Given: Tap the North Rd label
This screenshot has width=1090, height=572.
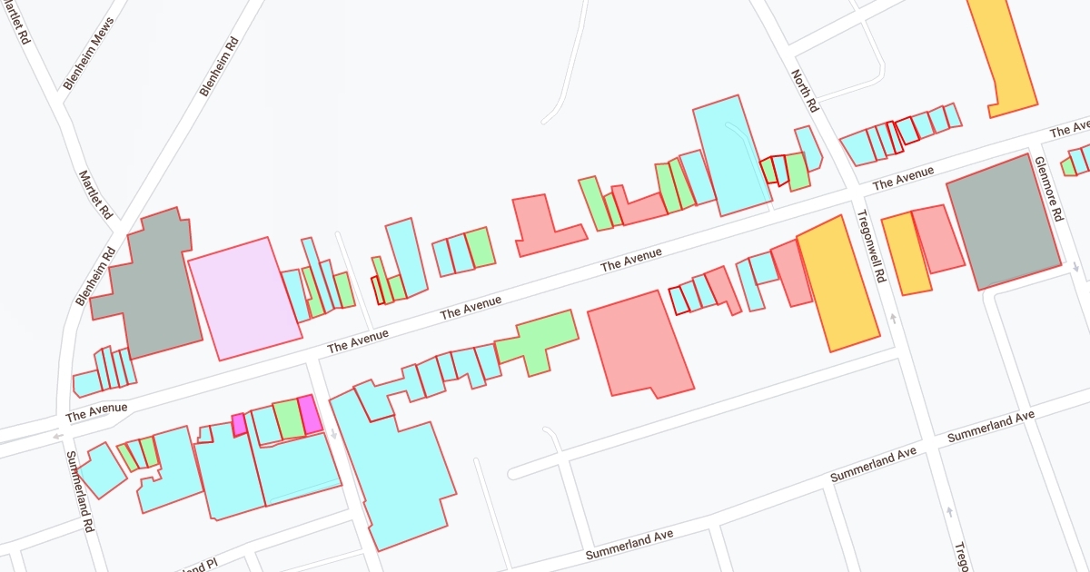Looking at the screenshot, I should coord(806,91).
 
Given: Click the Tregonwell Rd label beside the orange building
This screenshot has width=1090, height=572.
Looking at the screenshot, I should coord(869,247).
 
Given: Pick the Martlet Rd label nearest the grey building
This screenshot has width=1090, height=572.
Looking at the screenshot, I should coord(95,195).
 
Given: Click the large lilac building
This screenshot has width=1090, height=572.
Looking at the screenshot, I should coord(244,298).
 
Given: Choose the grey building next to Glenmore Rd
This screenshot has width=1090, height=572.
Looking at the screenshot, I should coord(1004,222).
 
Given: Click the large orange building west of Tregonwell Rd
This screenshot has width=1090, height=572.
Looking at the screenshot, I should coord(837,282).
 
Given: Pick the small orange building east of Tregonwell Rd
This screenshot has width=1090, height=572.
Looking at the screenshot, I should coord(904,253).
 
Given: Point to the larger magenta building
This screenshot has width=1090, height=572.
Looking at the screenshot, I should coord(310,415).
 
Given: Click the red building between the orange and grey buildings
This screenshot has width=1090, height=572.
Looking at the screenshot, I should coord(938,239).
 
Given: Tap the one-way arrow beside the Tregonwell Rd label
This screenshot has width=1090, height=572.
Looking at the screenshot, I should coord(893,318).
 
